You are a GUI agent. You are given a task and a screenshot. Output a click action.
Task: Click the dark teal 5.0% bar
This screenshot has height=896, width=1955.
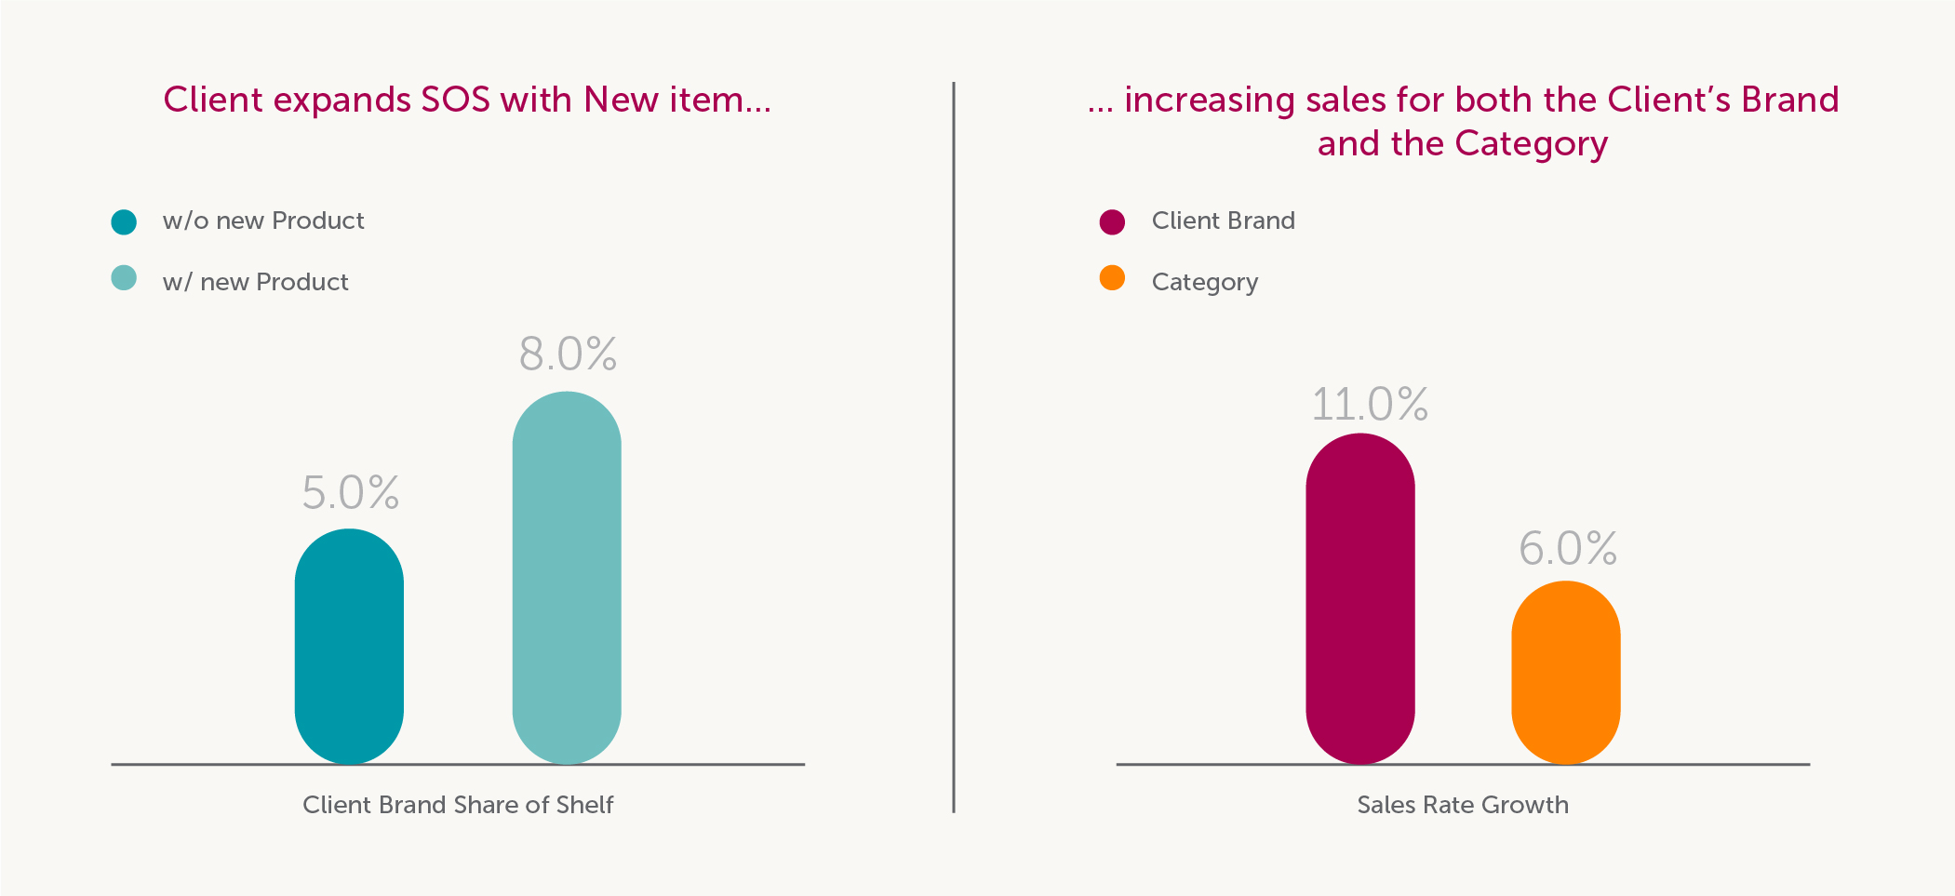click(x=349, y=647)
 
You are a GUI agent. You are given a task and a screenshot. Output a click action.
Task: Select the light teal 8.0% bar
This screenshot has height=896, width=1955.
click(x=567, y=578)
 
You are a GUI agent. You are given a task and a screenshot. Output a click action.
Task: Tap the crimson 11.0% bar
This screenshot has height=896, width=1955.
click(x=1360, y=598)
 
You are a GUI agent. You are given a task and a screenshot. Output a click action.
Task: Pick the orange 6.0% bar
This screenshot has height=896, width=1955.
click(x=1566, y=673)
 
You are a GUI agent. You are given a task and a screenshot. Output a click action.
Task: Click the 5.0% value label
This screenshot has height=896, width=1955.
click(x=351, y=493)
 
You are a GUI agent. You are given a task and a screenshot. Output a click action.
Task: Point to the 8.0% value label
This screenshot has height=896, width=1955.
click(x=568, y=354)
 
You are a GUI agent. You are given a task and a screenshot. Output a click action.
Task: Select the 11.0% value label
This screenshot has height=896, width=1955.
click(x=1370, y=405)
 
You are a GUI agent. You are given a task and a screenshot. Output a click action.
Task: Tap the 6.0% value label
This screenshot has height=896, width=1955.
click(x=1568, y=549)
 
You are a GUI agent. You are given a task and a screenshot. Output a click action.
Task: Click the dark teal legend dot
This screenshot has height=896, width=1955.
click(x=124, y=222)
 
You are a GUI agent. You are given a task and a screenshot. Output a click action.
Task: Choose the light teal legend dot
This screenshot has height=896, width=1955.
click(x=124, y=278)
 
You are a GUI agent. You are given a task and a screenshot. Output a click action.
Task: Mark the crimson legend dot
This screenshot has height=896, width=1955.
click(x=1112, y=222)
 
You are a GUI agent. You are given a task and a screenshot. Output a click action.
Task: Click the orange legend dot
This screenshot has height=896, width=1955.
click(x=1112, y=278)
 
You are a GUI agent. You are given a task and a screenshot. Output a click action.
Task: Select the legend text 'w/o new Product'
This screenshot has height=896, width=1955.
click(x=263, y=221)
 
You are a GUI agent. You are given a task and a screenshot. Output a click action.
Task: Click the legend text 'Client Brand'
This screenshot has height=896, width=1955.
click(x=1223, y=221)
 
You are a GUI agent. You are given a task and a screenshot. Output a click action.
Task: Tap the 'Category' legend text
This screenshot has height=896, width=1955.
click(x=1204, y=282)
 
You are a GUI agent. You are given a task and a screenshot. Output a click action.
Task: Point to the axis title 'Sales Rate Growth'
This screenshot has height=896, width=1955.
click(x=1462, y=805)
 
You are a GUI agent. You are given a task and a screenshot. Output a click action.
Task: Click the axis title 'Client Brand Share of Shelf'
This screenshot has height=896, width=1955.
click(x=458, y=805)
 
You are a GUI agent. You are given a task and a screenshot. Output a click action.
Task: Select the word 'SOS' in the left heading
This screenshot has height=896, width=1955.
click(x=455, y=100)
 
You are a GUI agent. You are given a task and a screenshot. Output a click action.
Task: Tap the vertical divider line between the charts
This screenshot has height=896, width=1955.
click(x=954, y=447)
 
